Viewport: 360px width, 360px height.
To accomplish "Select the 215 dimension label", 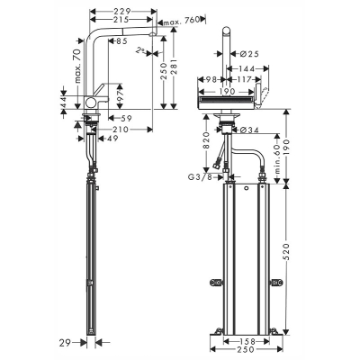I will [125, 19].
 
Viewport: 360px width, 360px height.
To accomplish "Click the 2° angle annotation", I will [138, 55].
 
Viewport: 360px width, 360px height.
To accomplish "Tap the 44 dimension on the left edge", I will [63, 106].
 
